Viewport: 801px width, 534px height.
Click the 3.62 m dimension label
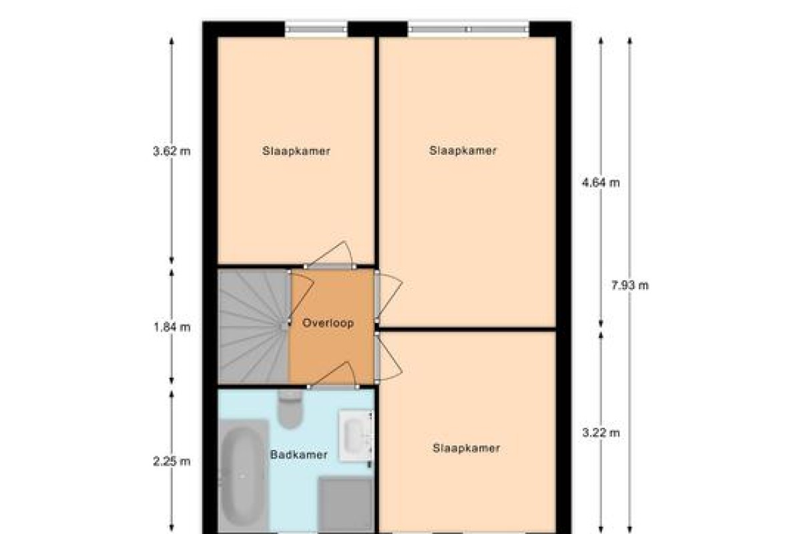tap(172, 152)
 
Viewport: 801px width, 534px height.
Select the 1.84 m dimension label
tap(172, 327)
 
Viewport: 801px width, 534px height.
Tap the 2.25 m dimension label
tap(172, 462)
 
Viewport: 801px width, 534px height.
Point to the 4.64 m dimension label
tap(601, 183)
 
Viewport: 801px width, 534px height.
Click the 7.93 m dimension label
tap(629, 286)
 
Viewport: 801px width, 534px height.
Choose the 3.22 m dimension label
tap(601, 433)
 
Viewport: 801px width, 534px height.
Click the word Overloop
tap(328, 323)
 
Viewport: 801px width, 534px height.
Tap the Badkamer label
tap(299, 455)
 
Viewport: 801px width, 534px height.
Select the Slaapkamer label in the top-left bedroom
tap(296, 151)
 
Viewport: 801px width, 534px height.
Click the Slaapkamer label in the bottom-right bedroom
tap(467, 448)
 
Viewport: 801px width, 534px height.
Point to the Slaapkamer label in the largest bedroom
tap(463, 151)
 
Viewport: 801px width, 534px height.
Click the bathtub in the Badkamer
tap(243, 475)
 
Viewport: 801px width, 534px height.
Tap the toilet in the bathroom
tap(290, 409)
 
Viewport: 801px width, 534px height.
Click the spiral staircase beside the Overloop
tap(253, 326)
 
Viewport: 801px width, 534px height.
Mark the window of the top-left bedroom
tap(316, 29)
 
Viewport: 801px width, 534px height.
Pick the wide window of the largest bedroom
tap(469, 29)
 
